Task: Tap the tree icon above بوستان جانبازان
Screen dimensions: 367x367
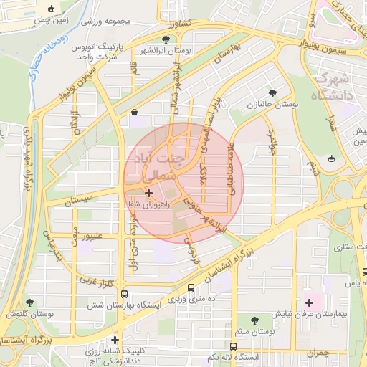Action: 273,92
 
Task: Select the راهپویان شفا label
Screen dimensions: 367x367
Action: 149,204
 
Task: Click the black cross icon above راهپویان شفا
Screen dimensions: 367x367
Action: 148,193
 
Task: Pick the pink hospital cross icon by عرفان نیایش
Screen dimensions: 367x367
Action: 309,302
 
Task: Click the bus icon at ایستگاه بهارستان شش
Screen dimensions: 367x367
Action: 125,294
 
